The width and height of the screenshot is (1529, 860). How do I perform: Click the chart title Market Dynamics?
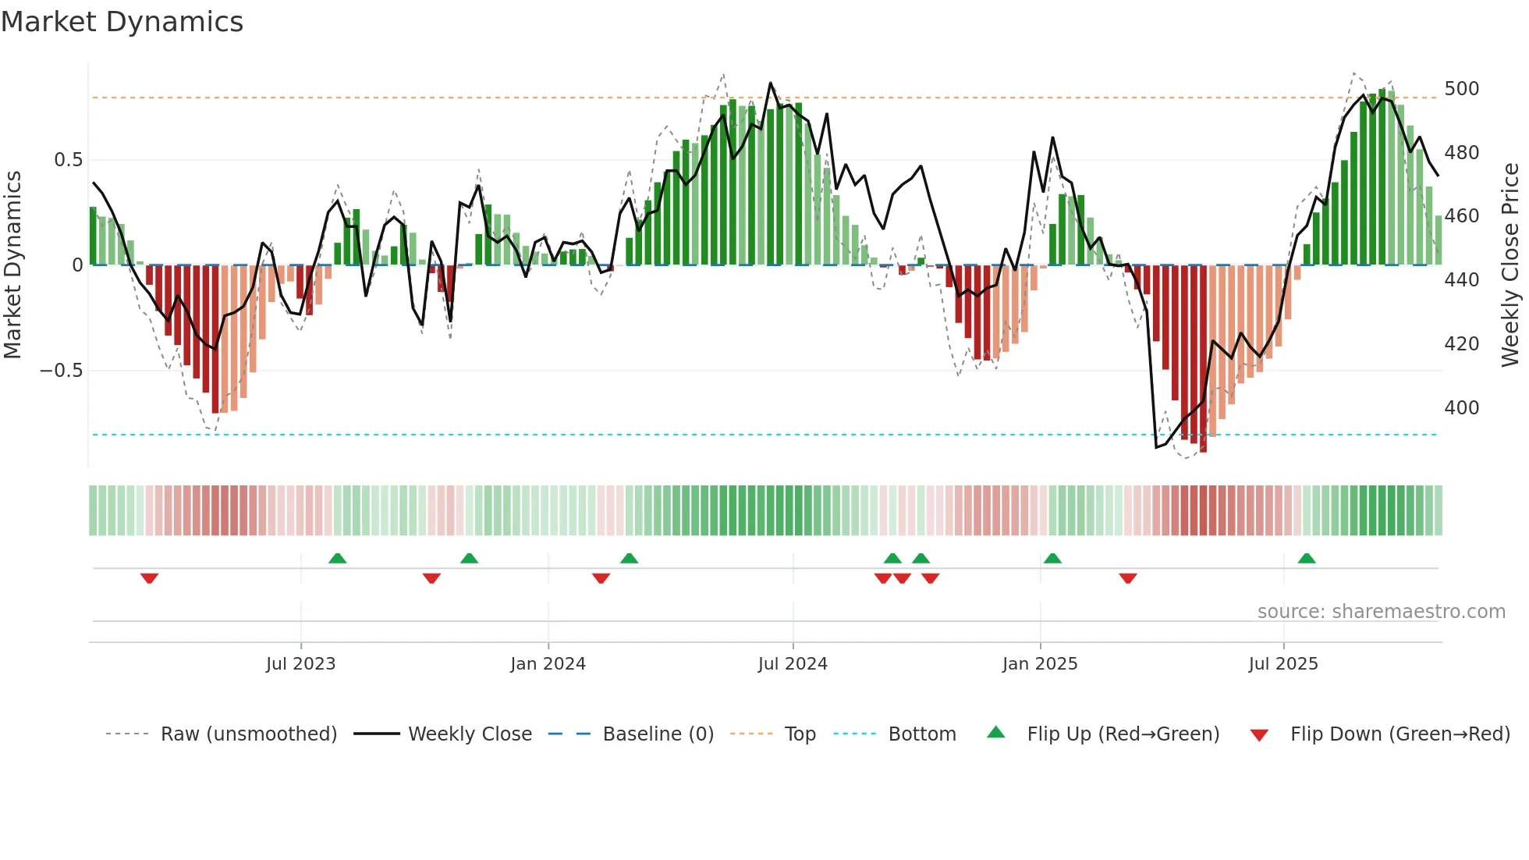tap(122, 22)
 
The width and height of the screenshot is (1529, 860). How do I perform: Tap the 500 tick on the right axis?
tap(1461, 89)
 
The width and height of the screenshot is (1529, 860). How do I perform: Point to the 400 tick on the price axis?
tap(1461, 408)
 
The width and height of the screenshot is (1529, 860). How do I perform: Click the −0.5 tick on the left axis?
tap(62, 371)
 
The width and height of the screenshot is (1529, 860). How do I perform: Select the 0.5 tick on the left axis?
tap(68, 160)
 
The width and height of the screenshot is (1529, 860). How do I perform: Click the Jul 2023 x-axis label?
tap(300, 664)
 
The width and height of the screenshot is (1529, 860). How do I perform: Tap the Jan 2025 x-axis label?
tap(1039, 664)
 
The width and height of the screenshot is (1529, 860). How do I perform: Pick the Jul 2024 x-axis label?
tap(792, 664)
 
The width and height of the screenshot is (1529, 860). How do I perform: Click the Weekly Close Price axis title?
tap(1510, 265)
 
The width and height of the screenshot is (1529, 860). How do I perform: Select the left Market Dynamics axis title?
tap(12, 265)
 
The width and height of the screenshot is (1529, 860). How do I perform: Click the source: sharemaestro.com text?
tap(1381, 612)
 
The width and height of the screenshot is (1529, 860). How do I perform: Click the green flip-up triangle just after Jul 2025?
tap(1306, 558)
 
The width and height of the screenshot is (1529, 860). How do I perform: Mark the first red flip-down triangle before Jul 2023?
tap(149, 578)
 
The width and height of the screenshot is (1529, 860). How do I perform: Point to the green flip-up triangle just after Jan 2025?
tap(1052, 558)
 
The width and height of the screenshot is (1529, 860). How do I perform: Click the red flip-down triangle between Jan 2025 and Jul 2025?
tap(1127, 578)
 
